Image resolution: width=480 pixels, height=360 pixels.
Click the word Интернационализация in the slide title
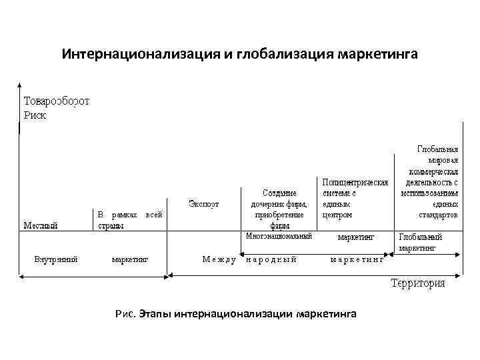click(143, 53)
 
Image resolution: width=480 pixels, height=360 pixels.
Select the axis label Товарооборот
click(57, 102)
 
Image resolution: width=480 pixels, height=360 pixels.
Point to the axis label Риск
click(36, 114)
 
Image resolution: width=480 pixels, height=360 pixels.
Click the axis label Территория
click(418, 283)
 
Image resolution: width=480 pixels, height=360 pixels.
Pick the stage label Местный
click(41, 225)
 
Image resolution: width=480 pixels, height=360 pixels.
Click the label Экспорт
click(203, 203)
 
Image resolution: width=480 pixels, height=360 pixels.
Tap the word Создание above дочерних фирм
click(279, 193)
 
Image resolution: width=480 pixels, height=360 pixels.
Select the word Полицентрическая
click(355, 181)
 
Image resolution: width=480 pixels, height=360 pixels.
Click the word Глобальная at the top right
click(437, 150)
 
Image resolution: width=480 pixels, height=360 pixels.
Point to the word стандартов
click(438, 215)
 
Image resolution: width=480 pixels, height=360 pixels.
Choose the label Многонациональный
click(279, 236)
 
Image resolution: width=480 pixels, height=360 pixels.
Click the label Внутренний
click(56, 259)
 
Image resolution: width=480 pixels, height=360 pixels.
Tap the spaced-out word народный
click(271, 259)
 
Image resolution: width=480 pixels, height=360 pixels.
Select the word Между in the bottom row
click(219, 259)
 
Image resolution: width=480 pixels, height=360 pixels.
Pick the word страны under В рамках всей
click(111, 225)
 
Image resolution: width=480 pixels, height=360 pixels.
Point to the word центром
click(337, 215)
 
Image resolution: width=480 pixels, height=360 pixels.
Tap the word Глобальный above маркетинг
click(420, 237)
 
